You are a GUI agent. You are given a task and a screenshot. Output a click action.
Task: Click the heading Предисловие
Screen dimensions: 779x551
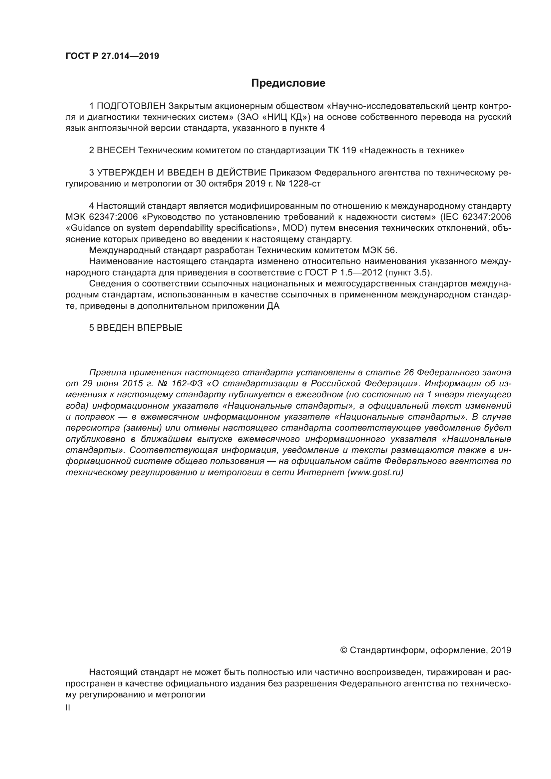coord(288,83)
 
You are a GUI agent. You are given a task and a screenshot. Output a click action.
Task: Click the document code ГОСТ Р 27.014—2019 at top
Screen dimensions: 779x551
coord(112,56)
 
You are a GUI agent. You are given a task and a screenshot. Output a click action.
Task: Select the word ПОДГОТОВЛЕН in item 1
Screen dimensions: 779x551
coord(131,106)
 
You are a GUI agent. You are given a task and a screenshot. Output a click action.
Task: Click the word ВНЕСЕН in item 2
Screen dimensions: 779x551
coord(116,150)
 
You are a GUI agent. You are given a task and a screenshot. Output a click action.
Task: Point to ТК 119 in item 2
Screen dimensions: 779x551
coord(342,150)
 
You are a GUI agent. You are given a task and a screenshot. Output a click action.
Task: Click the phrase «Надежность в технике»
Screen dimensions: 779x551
coord(411,150)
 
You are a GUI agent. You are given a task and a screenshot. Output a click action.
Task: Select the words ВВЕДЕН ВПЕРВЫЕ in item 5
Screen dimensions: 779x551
coord(140,328)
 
